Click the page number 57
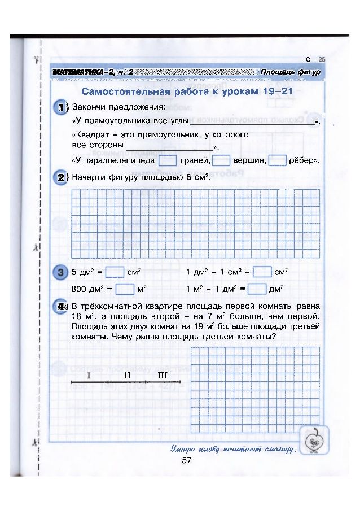click(x=187, y=460)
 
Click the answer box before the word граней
click(x=168, y=161)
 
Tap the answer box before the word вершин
click(x=221, y=161)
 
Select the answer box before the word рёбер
click(x=277, y=161)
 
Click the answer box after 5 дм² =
click(x=115, y=272)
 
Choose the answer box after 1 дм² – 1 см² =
click(x=262, y=272)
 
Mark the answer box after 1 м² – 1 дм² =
click(x=257, y=290)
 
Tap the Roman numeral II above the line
click(x=128, y=376)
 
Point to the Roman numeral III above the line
click(x=163, y=376)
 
